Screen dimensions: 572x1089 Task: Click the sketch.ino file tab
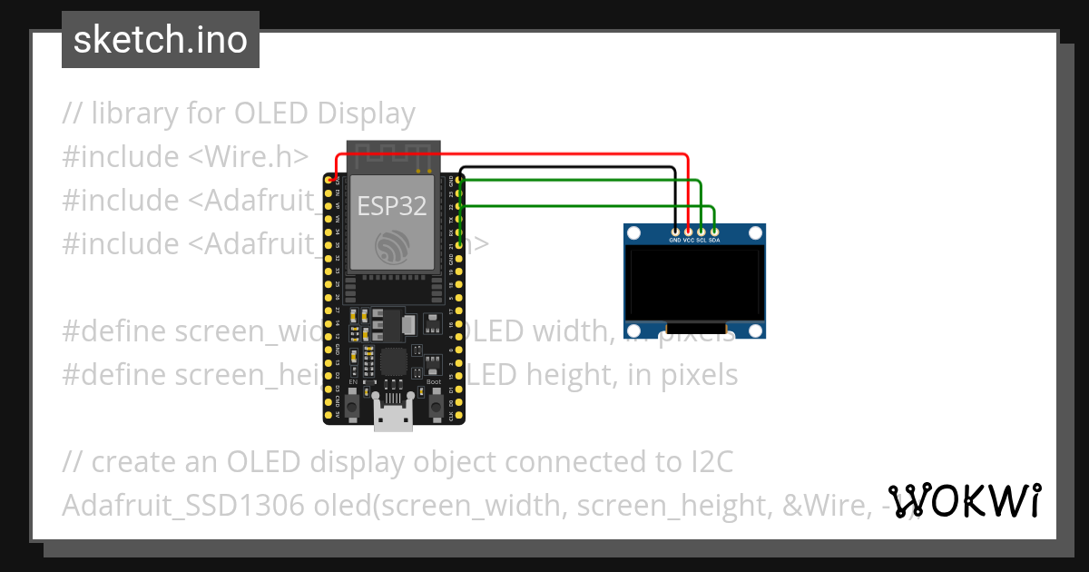161,40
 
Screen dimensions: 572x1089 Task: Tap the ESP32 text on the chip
391,206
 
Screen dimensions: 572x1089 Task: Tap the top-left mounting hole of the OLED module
634,233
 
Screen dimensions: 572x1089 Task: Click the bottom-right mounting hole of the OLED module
754,330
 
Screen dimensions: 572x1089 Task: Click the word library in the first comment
133,113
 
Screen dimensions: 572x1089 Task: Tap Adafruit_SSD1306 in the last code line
182,506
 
